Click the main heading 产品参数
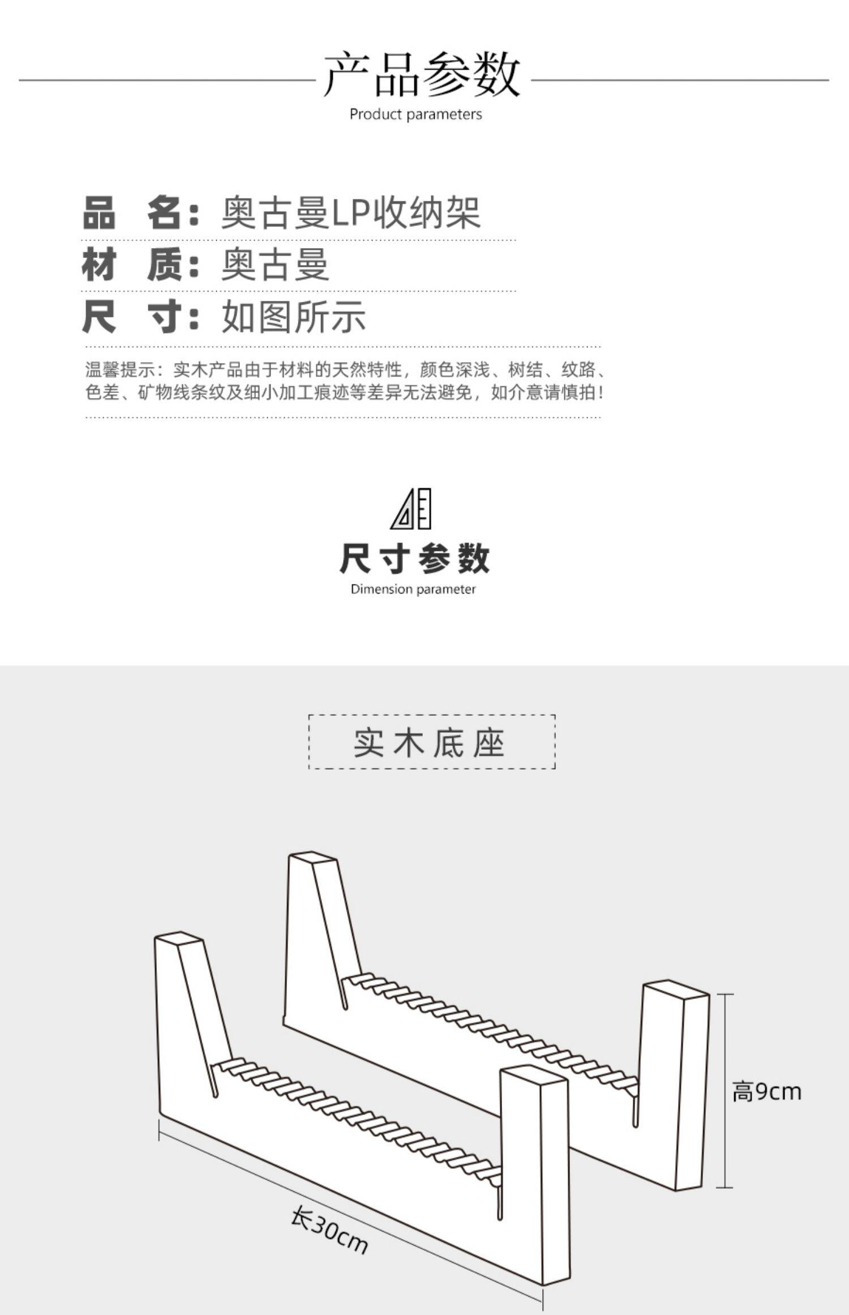click(422, 75)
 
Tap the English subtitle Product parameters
click(415, 114)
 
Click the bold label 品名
click(140, 213)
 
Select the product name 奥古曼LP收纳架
click(350, 213)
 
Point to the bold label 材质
click(140, 264)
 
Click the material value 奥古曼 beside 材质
click(275, 264)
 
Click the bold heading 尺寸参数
click(414, 558)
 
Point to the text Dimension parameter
click(413, 589)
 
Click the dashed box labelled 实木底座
click(432, 742)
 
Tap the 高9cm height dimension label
click(767, 1091)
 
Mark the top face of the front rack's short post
click(533, 1074)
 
